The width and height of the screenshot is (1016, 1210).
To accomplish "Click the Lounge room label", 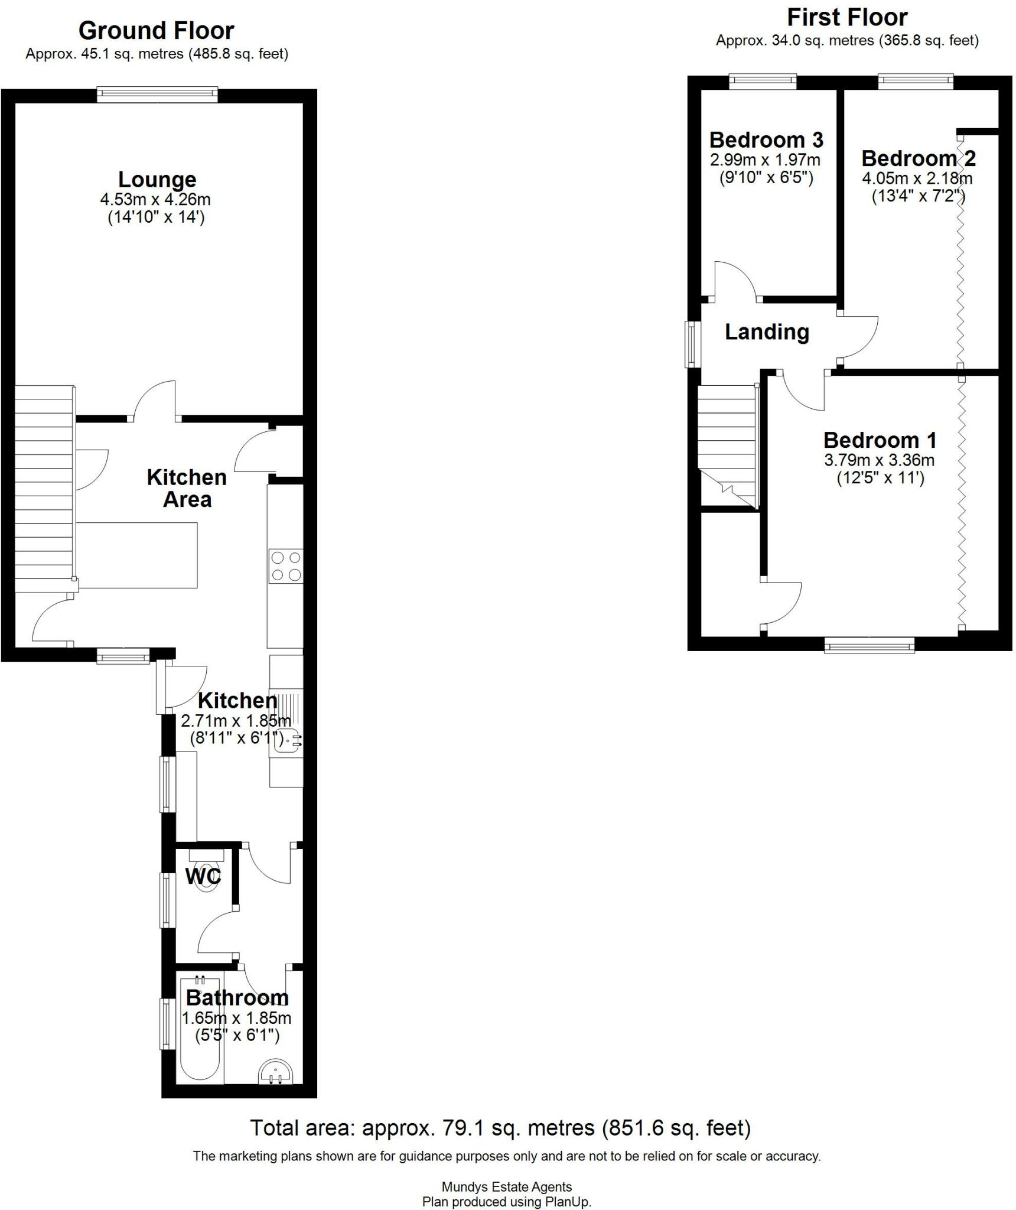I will [157, 180].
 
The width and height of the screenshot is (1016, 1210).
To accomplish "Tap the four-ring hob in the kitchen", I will [286, 565].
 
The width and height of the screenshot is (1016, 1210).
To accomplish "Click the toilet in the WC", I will [206, 880].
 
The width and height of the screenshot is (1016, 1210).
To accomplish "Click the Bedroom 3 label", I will [766, 140].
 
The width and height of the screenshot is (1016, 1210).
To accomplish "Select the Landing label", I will [767, 332].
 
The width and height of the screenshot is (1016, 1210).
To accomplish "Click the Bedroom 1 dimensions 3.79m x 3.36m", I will [879, 460].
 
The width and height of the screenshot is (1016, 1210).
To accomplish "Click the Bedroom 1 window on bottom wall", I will [870, 646].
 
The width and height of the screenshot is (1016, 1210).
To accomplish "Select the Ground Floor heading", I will [157, 30].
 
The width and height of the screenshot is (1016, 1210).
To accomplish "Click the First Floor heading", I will [847, 18].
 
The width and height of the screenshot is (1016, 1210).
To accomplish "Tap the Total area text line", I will [500, 1128].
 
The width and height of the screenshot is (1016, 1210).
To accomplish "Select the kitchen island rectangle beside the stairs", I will [137, 555].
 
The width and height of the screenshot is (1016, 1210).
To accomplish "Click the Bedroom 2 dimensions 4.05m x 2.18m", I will [917, 178].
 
